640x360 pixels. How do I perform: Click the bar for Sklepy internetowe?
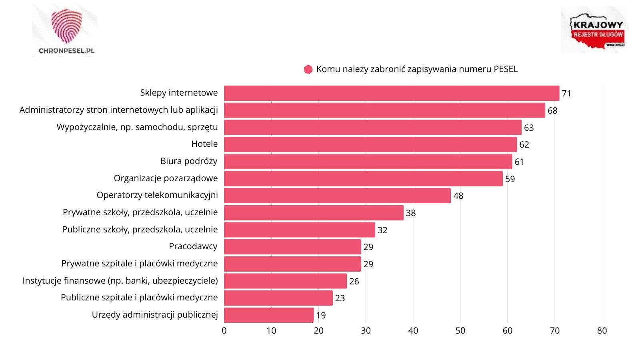(x=391, y=93)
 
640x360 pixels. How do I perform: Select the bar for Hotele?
(x=370, y=144)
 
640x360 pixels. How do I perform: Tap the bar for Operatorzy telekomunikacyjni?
(x=337, y=196)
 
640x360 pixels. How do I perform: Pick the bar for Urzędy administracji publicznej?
(x=269, y=315)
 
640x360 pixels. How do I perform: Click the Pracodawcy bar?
(x=292, y=247)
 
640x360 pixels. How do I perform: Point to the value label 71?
(x=566, y=94)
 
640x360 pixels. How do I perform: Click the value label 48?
(x=458, y=196)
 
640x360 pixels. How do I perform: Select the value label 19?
(x=321, y=316)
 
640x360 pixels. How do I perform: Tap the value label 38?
(x=411, y=213)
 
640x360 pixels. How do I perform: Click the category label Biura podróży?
(x=189, y=161)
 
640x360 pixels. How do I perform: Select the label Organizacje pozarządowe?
(x=166, y=178)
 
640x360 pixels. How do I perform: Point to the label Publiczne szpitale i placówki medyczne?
(x=139, y=298)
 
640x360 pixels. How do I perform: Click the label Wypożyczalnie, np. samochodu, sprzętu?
(x=137, y=127)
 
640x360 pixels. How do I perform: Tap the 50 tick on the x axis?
(x=460, y=331)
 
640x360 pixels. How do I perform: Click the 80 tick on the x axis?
(x=602, y=331)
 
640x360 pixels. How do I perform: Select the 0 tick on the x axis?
(x=224, y=331)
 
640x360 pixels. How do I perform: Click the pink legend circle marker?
(x=308, y=70)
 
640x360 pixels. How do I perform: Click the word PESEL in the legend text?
(x=506, y=69)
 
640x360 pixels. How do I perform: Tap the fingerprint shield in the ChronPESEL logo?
(x=66, y=26)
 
